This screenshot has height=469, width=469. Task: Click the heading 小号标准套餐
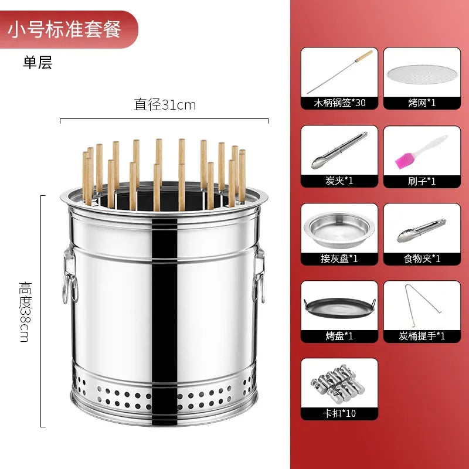[x=64, y=30]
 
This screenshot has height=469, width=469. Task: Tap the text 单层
[x=38, y=63]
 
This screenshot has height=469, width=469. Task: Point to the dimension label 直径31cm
[x=165, y=105]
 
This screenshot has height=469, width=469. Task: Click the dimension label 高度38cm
[x=25, y=311]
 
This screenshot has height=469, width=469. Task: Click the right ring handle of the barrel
[x=258, y=276]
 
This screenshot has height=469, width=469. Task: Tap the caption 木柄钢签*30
[x=339, y=103]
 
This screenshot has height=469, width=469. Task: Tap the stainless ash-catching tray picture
[x=338, y=229]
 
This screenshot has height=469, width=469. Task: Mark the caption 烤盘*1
[x=339, y=337]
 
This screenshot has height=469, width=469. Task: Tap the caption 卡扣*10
[x=339, y=414]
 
